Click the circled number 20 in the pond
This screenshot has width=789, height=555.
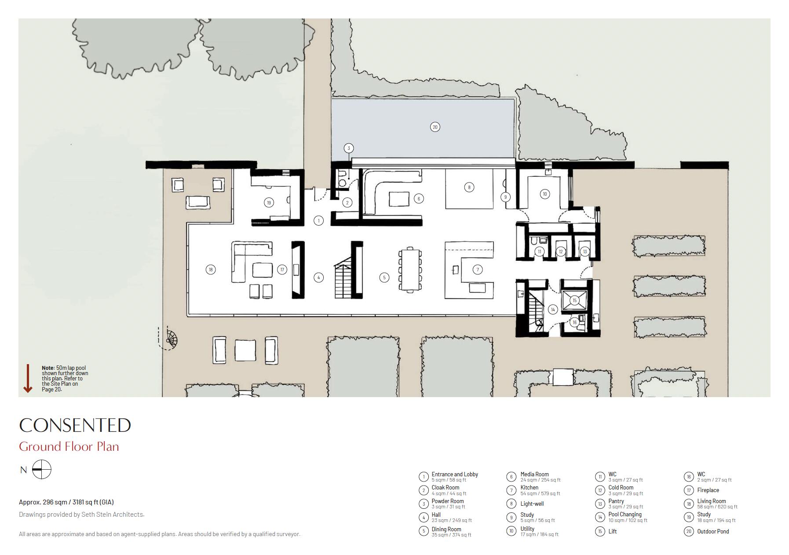(x=435, y=127)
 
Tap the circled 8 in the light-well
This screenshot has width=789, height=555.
(x=469, y=187)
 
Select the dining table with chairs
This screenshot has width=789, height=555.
(x=410, y=270)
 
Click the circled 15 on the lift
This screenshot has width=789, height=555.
(x=574, y=300)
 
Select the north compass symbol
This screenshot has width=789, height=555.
(x=42, y=470)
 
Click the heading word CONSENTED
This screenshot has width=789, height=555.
(x=75, y=425)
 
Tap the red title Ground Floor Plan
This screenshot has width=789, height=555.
(x=69, y=447)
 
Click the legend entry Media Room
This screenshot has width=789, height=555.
(x=534, y=475)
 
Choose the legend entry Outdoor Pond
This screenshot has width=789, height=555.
(x=712, y=531)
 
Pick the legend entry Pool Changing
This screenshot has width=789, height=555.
(x=625, y=515)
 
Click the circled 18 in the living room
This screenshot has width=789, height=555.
(x=211, y=270)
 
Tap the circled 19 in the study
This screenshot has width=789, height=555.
(x=269, y=203)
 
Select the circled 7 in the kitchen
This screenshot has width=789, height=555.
(x=477, y=270)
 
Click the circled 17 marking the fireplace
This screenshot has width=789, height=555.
(x=282, y=270)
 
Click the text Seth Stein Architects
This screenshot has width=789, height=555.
(x=113, y=515)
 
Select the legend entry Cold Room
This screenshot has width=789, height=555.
(x=621, y=488)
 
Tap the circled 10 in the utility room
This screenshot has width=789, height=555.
(x=544, y=194)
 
